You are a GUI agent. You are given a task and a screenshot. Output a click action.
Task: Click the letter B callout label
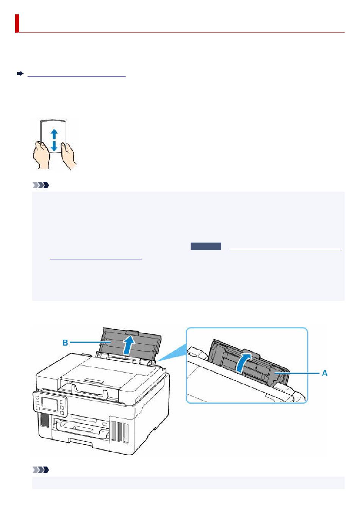(x=65, y=343)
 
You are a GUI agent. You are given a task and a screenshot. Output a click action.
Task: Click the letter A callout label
(x=325, y=373)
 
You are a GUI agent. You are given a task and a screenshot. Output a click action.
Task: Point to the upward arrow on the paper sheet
(x=54, y=134)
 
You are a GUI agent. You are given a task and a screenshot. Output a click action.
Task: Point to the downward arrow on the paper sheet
(x=54, y=146)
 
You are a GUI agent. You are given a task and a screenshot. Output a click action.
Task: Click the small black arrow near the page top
(x=20, y=74)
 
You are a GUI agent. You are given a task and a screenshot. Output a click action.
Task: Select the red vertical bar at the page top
(x=17, y=23)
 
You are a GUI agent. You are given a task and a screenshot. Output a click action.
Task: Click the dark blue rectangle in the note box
(x=206, y=247)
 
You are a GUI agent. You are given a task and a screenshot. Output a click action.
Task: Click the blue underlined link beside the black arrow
(x=77, y=75)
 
